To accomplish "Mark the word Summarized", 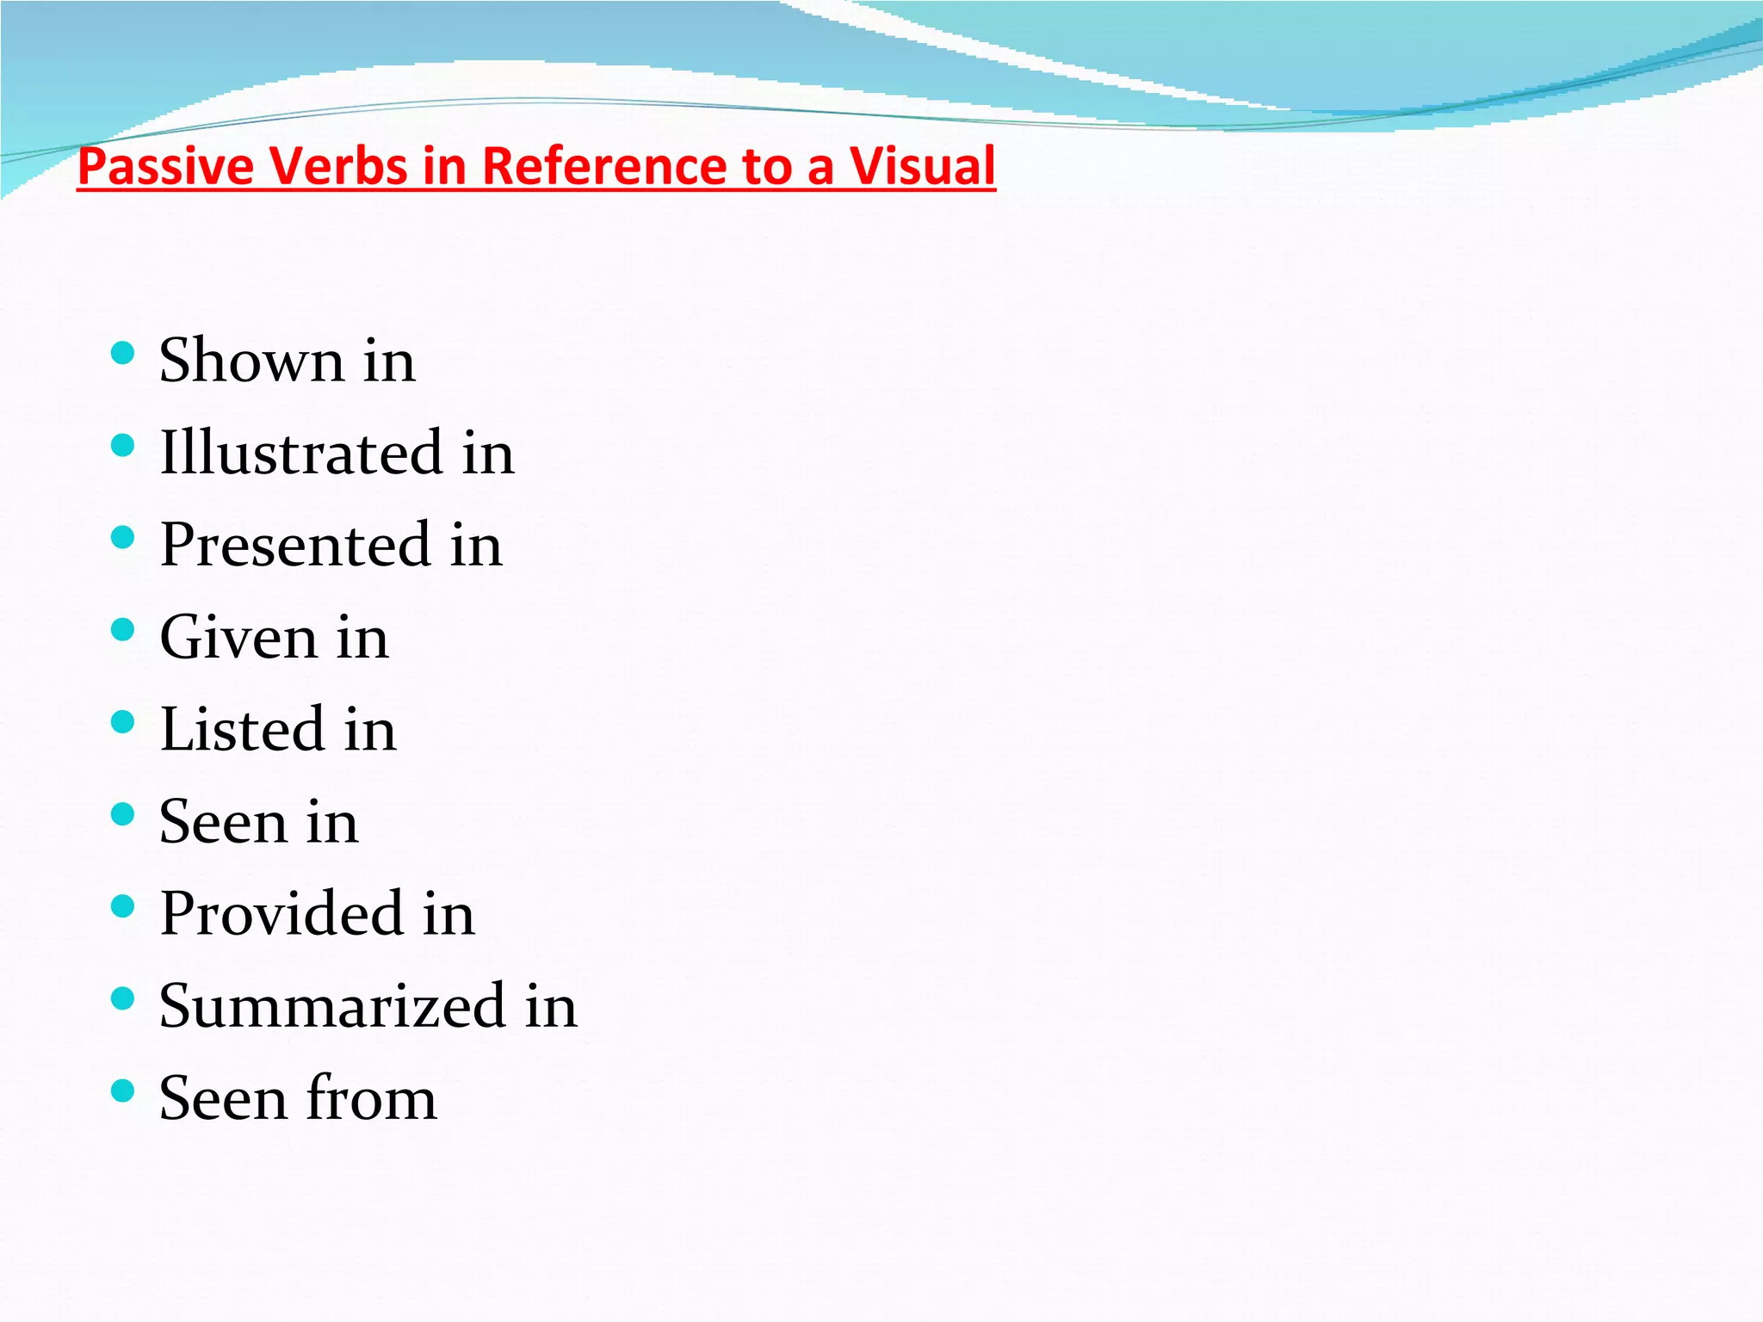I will pyautogui.click(x=332, y=1006).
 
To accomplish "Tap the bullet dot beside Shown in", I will pyautogui.click(x=123, y=354).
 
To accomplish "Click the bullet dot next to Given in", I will pyautogui.click(x=123, y=631).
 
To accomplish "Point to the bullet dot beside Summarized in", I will pyautogui.click(x=123, y=999).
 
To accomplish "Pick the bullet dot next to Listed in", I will pyautogui.click(x=123, y=723).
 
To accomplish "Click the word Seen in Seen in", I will pyautogui.click(x=223, y=822).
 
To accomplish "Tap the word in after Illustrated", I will pyautogui.click(x=487, y=453).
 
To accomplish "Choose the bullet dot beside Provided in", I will pyautogui.click(x=123, y=907).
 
